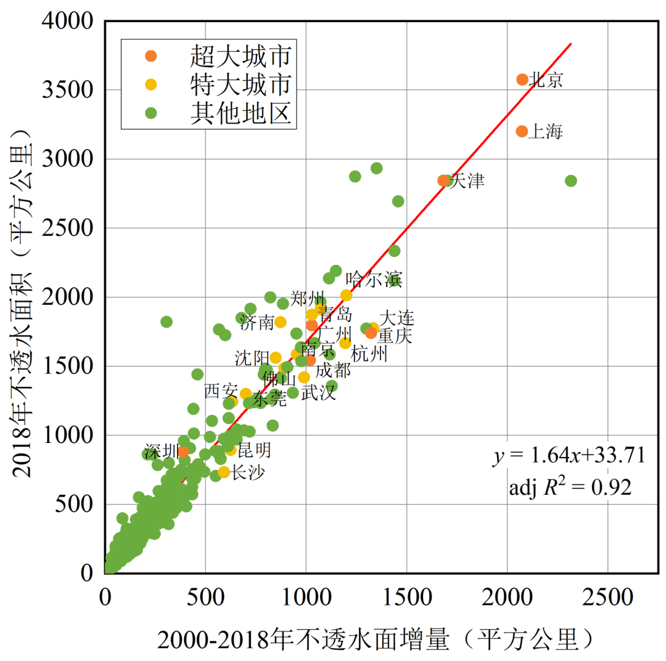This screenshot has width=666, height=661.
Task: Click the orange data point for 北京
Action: (x=522, y=79)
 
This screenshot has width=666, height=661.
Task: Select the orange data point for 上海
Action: (x=522, y=131)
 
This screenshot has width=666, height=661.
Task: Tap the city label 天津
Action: (x=467, y=181)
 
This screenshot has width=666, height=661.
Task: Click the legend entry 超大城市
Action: (x=240, y=56)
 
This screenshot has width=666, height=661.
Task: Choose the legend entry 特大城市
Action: (x=240, y=84)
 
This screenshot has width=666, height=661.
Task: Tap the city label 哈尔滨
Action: (x=374, y=279)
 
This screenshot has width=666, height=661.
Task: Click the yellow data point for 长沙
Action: (x=224, y=472)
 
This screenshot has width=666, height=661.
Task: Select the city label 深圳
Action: (x=162, y=450)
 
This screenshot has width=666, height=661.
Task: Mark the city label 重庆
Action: (x=395, y=336)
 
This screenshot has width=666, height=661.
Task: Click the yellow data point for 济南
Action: (x=281, y=322)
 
